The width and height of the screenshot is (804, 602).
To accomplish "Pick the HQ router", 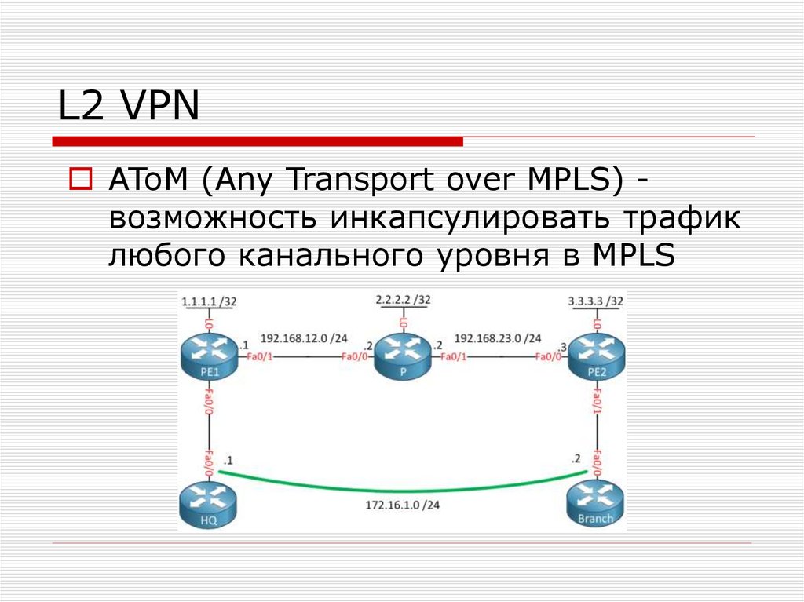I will pyautogui.click(x=209, y=504).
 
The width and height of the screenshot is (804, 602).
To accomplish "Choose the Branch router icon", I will pyautogui.click(x=596, y=504).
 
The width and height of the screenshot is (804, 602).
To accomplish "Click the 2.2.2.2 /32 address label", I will pyautogui.click(x=403, y=300).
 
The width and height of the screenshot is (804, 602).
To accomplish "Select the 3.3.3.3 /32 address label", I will pyautogui.click(x=595, y=301).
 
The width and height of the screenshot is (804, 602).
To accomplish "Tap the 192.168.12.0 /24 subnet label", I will pyautogui.click(x=303, y=339).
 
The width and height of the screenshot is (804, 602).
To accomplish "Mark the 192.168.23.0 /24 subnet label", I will pyautogui.click(x=498, y=339).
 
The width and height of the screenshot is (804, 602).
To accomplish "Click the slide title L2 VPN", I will pyautogui.click(x=129, y=106).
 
